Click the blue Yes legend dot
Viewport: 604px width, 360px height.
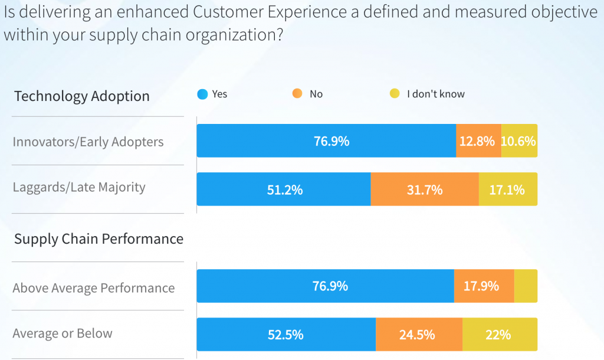click(203, 94)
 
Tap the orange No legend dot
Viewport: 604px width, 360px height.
click(297, 94)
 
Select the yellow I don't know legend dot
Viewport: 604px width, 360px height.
click(395, 94)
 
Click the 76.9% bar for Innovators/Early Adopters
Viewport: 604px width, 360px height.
click(326, 141)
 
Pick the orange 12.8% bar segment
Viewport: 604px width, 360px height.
click(478, 141)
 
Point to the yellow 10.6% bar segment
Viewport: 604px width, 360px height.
click(519, 141)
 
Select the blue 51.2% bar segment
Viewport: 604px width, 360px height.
click(284, 189)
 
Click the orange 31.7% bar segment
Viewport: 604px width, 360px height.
click(425, 189)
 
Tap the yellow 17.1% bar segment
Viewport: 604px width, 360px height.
click(508, 189)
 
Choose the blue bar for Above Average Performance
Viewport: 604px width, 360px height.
click(325, 286)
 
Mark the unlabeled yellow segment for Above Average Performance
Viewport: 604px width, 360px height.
click(526, 286)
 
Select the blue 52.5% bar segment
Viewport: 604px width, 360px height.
click(286, 335)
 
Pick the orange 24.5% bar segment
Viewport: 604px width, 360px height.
click(419, 335)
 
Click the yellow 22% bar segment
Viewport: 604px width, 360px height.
click(500, 335)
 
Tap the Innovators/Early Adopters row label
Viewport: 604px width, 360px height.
click(88, 142)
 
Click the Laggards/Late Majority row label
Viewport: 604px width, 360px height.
click(79, 188)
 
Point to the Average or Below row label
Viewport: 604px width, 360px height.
click(63, 333)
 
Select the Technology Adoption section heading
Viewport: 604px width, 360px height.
click(82, 96)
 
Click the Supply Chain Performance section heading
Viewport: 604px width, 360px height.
click(99, 239)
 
